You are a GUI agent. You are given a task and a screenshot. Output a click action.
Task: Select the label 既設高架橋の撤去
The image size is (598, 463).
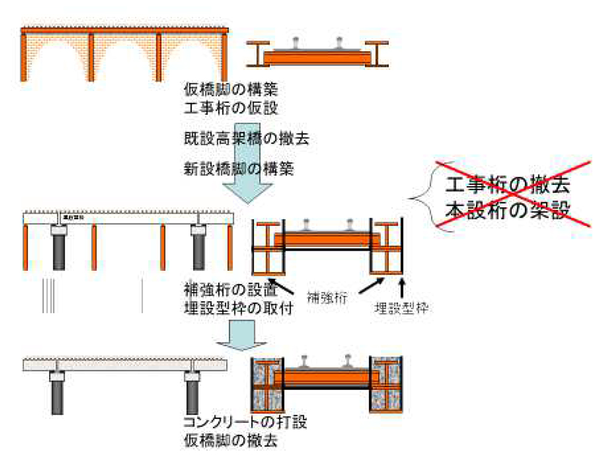coord(246,139)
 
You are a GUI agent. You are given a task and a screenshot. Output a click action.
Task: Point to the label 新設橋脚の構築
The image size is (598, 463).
coord(239,169)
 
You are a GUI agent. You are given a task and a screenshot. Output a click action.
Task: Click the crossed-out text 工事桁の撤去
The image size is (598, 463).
coord(508,184)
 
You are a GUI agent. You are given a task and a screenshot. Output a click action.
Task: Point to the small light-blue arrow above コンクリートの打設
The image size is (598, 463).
coord(236,335)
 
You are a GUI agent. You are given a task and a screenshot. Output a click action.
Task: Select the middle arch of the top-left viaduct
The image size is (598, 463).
coord(126,60)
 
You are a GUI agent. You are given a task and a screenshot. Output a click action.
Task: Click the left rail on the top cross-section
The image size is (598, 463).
coord(297,42)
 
